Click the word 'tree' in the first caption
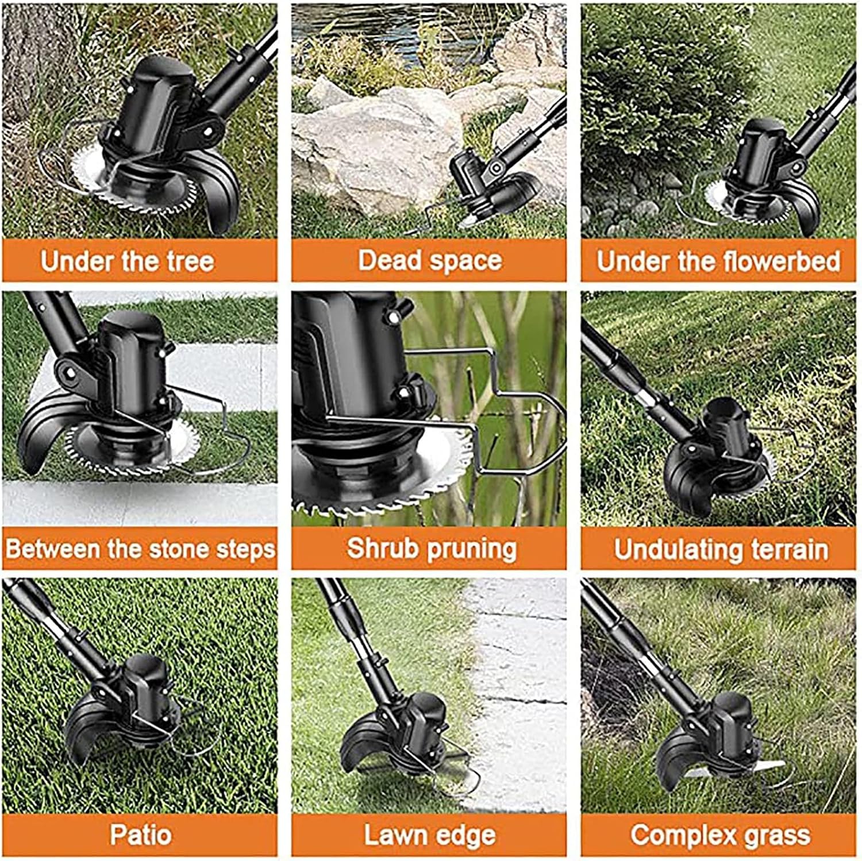pyautogui.click(x=190, y=261)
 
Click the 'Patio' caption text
pyautogui.click(x=141, y=835)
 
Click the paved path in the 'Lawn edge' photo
pyautogui.click(x=517, y=689)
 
